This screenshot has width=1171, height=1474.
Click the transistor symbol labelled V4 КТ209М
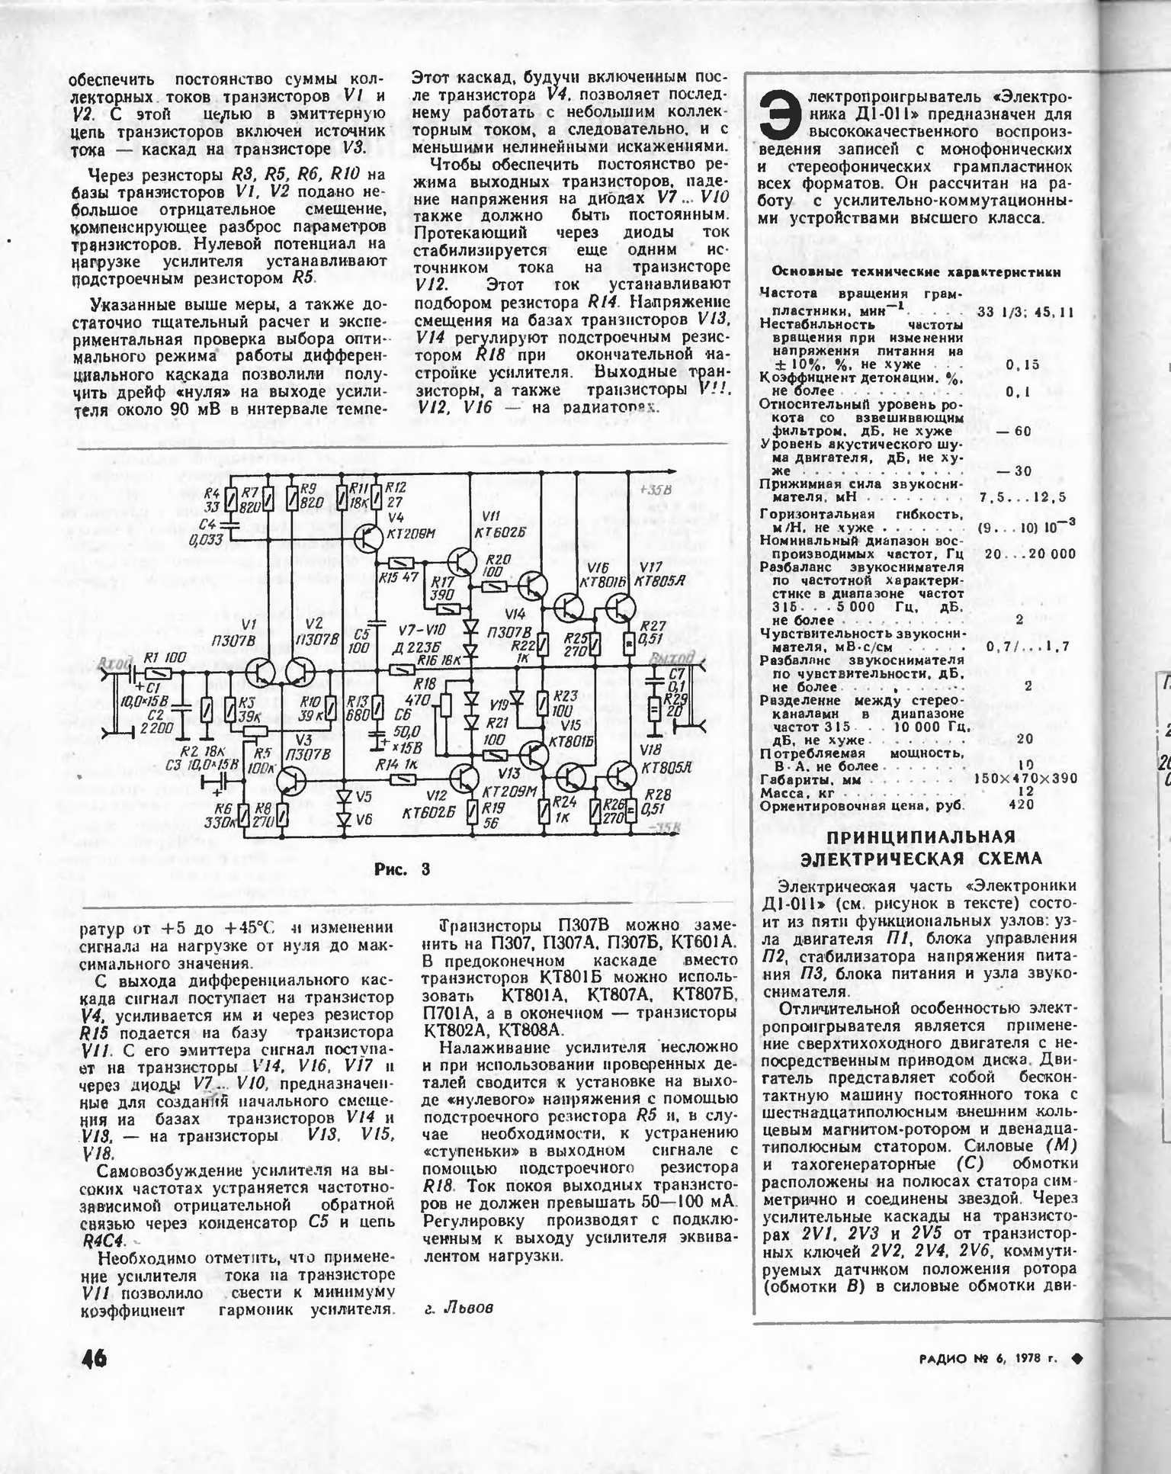click(x=370, y=540)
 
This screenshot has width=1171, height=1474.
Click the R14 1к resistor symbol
click(x=402, y=779)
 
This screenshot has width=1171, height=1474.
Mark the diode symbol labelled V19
click(x=518, y=696)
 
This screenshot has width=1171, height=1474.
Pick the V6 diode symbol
click(x=343, y=820)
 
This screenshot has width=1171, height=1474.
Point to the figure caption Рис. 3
click(x=402, y=869)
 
